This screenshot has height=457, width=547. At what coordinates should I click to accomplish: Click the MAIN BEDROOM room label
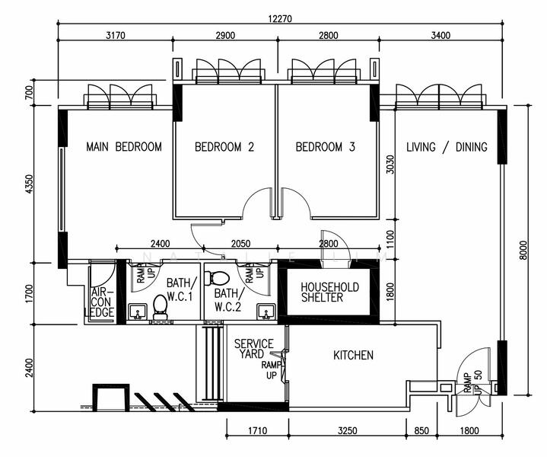124,147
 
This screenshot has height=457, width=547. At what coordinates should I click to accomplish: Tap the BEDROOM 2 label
224,147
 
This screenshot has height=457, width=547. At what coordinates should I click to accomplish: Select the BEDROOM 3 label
325,147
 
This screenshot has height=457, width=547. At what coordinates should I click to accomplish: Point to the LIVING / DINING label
447,147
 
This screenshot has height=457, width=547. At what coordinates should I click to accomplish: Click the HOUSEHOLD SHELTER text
329,292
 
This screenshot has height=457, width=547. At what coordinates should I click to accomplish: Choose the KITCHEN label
354,356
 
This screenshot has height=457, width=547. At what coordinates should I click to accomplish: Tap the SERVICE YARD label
253,349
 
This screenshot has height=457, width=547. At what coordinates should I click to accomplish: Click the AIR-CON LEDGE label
101,302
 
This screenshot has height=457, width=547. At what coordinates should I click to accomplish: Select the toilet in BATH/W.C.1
160,308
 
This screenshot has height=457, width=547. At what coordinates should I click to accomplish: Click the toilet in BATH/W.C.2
217,278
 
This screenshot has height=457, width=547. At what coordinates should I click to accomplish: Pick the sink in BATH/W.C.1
138,312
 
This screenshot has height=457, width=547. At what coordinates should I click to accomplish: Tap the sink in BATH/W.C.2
266,312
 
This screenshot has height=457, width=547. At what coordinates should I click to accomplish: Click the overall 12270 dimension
280,18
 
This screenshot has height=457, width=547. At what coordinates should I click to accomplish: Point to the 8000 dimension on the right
523,250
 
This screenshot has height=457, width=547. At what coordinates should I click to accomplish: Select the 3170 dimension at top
116,35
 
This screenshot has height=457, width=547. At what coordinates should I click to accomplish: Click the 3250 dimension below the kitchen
348,430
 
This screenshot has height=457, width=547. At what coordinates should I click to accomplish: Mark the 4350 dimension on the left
30,184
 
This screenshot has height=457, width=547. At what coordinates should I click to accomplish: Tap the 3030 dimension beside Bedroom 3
390,165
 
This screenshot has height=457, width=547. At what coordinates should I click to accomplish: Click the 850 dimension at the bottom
421,430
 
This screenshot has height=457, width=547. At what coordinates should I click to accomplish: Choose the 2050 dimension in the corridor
240,244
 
